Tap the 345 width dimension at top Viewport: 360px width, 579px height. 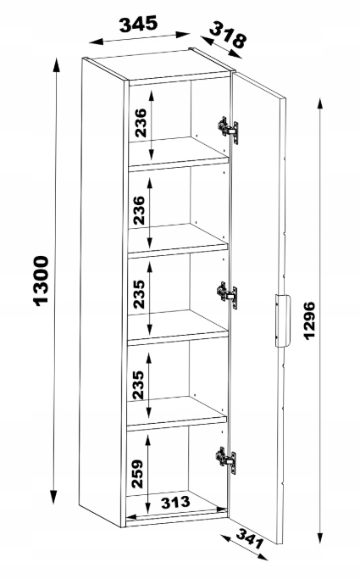(x=138, y=24)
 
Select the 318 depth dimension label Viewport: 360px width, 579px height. (x=228, y=35)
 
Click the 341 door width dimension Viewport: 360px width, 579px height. (x=250, y=538)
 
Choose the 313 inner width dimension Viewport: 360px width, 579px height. (x=175, y=502)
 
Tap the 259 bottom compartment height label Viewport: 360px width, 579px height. (x=137, y=473)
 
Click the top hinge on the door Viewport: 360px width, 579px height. (x=228, y=130)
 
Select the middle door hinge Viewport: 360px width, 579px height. (x=227, y=295)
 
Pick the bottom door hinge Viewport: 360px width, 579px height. (x=226, y=460)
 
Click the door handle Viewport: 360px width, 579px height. (x=282, y=320)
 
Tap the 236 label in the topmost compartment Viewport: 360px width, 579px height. (x=141, y=123)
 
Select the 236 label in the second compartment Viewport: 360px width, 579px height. (x=140, y=210)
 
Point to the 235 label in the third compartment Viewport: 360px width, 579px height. (x=140, y=294)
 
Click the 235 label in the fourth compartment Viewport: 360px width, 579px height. (x=138, y=385)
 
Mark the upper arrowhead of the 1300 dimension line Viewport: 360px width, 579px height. (x=56, y=64)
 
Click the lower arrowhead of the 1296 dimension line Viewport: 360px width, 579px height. (x=320, y=537)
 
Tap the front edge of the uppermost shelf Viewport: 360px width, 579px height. (x=178, y=165)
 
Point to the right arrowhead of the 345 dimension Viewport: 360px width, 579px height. (x=183, y=35)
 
